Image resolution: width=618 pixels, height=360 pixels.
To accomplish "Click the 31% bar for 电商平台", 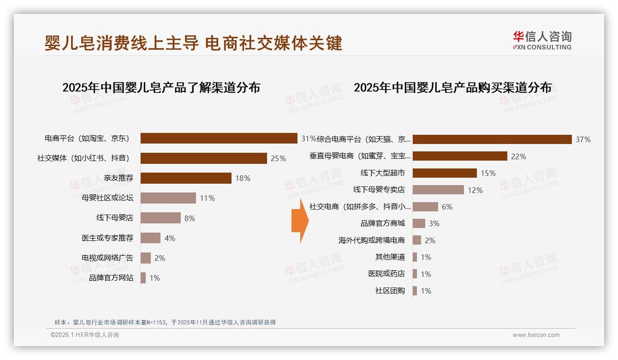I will coord(219,138).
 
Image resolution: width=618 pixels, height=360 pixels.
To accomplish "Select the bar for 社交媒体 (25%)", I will coord(203,158).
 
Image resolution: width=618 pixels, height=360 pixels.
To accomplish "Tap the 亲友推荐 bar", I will coord(186,178).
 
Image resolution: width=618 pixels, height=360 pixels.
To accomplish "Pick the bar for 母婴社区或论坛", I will coord(168,198).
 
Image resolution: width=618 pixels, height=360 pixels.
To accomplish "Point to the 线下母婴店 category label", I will coord(114,218).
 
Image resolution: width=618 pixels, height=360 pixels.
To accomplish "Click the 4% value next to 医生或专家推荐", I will coord(170,238).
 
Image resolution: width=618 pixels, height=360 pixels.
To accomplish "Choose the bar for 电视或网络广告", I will coord(146,258).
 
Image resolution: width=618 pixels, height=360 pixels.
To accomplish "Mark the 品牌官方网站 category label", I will coord(111,278).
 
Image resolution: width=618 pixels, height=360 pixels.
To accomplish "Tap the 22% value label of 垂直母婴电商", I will coord(518,156).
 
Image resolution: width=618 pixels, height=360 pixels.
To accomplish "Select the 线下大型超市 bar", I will coord(445,173).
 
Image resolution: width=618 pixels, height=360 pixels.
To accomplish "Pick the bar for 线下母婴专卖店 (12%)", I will coord(438,190).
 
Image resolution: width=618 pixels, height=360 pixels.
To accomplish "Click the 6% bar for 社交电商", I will coord(425,207).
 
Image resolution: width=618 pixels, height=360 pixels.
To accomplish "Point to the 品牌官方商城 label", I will coord(382,223).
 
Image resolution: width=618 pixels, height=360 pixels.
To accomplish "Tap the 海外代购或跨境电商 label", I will coord(371,240).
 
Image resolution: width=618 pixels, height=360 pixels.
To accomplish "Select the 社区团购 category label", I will coord(390,291).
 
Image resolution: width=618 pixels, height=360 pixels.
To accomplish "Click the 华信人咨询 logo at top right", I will coord(542,40).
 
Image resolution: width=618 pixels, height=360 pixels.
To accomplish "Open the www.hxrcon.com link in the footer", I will coord(536,335).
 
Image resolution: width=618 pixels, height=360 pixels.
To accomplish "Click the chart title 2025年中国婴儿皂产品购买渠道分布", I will coord(452,88).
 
